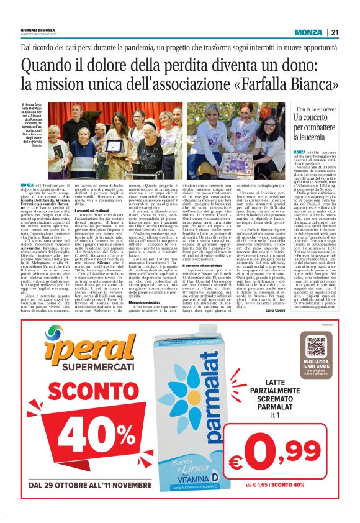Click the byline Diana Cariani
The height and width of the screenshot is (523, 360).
pyautogui.click(x=274, y=309)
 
